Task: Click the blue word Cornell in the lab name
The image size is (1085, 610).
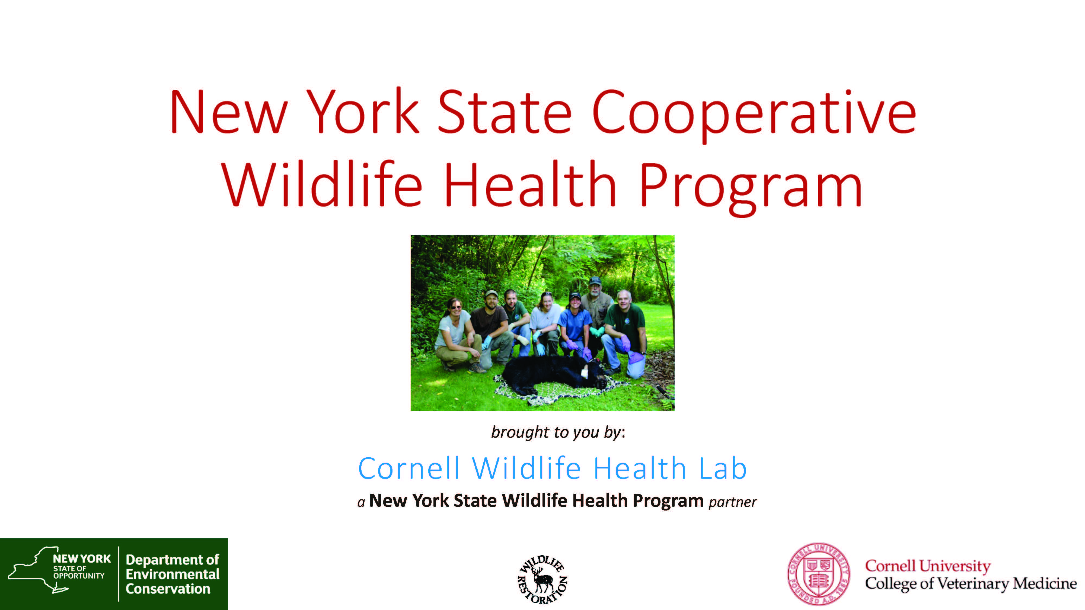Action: pos(409,468)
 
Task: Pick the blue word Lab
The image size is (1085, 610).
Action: pos(723,468)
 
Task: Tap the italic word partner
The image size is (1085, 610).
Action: pos(733,502)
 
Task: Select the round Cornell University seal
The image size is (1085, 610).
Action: pos(819,574)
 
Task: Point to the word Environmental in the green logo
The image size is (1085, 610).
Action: pos(172,574)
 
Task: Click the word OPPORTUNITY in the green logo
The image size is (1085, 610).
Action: pos(79,576)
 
